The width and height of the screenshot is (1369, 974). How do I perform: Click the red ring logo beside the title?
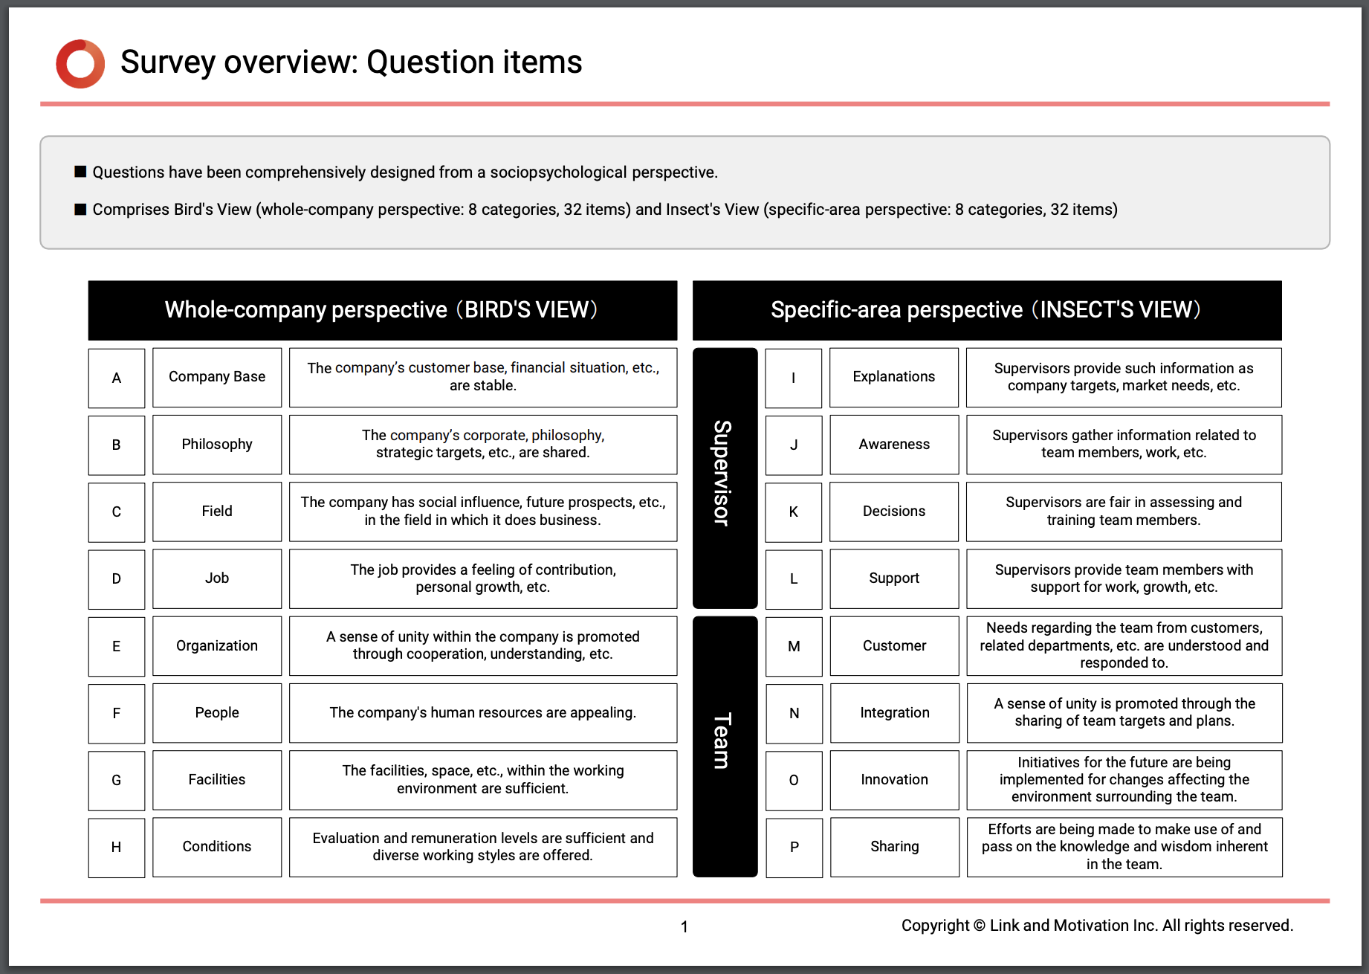tap(80, 64)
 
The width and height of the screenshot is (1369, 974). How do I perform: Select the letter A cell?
tap(117, 378)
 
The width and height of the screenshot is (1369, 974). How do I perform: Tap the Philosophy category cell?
tap(217, 445)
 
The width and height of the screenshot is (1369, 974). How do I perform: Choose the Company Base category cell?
tap(217, 377)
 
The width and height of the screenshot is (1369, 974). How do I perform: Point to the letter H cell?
tap(117, 847)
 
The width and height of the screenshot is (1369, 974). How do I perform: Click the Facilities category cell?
tap(217, 780)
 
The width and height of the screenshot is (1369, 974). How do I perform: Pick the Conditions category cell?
tap(217, 847)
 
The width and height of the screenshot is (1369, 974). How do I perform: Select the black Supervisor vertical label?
tap(725, 477)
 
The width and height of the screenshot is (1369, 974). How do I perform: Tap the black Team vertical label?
tap(725, 746)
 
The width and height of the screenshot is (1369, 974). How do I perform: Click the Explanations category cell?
tap(894, 377)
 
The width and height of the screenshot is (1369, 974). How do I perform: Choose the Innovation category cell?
tap(895, 780)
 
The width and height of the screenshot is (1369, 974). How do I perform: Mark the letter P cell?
tap(794, 847)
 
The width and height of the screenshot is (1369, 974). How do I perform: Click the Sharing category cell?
tap(895, 847)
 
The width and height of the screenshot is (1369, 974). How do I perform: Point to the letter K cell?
tap(794, 512)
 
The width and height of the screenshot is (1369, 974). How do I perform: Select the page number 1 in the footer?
tap(684, 927)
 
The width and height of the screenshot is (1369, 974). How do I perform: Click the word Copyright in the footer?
tap(935, 926)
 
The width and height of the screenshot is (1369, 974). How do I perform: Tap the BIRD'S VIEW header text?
tap(531, 310)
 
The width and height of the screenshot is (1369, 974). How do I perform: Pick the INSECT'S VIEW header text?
tap(1120, 310)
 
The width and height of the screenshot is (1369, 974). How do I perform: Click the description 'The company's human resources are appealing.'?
tap(483, 713)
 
